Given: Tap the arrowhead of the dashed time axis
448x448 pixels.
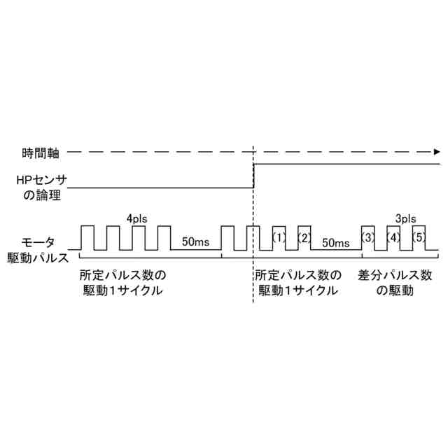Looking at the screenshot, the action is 437,151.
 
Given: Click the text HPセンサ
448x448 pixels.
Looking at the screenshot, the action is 41,180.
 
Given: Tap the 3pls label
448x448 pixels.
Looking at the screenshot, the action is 405,218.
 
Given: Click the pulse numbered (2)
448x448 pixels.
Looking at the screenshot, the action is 304,237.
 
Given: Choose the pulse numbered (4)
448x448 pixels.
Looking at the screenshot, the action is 393,237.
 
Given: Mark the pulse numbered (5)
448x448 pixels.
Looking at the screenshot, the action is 419,237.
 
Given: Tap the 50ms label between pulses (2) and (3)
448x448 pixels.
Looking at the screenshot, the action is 335,242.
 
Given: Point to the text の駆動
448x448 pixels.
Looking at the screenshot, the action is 395,290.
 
